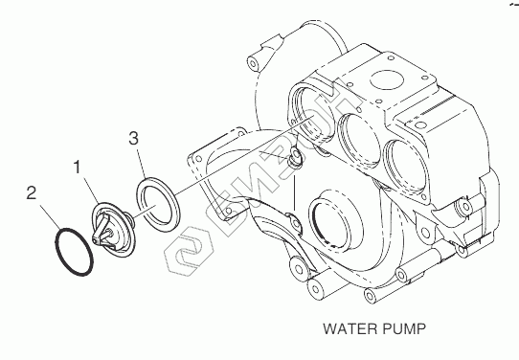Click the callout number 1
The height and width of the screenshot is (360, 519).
[78, 168]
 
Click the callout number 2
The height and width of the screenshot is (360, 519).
[31, 192]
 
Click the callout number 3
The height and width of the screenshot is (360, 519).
[134, 138]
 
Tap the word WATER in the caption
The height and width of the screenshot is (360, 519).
[350, 329]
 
